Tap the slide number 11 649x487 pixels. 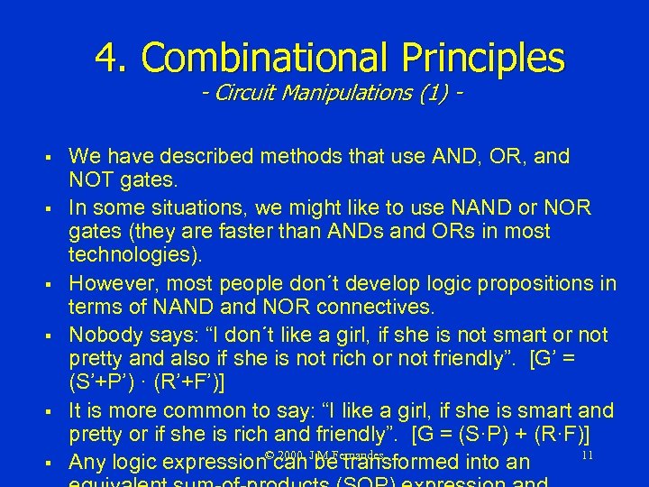click(586, 455)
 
